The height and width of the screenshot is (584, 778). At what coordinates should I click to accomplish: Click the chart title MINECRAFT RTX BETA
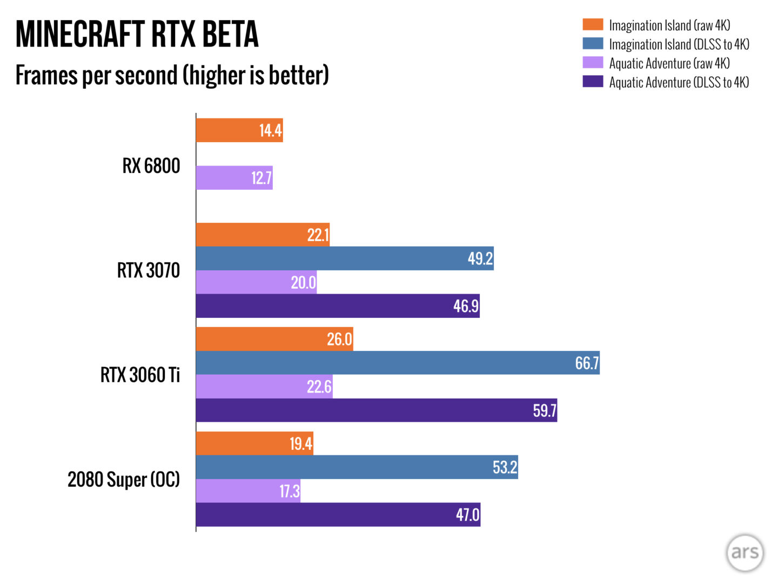[137, 34]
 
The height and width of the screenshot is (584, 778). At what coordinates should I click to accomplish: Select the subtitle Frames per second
[172, 75]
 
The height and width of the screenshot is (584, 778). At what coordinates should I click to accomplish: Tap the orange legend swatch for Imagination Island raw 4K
[592, 25]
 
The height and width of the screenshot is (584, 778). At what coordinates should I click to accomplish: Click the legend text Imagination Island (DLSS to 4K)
[679, 44]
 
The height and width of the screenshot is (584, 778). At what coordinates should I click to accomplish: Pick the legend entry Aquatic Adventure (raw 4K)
[669, 63]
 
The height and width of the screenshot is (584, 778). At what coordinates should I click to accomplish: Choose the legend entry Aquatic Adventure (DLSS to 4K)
[679, 82]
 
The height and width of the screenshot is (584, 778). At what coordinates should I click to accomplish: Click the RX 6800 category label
[151, 166]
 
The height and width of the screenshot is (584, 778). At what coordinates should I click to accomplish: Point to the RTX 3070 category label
[149, 270]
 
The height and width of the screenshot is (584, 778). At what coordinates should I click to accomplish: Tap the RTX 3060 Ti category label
[140, 375]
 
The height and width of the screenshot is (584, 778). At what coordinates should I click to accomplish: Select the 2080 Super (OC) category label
[124, 480]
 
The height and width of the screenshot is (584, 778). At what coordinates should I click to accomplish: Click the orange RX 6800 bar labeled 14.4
[239, 130]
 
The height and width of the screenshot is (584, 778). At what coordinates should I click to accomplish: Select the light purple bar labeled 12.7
[234, 178]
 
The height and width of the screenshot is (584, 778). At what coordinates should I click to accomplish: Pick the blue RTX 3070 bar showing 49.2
[344, 258]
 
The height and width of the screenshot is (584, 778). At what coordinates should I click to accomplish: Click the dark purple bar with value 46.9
[337, 306]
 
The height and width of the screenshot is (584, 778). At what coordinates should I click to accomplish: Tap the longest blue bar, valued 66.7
[397, 363]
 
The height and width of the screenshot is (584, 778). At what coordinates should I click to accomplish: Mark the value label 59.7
[544, 410]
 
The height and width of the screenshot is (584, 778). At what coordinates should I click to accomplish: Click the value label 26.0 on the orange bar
[339, 339]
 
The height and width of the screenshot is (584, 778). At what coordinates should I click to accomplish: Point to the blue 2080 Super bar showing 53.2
[357, 467]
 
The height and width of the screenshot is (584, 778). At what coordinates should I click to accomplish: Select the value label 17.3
[289, 491]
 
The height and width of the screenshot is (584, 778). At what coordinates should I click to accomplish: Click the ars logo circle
[745, 553]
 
